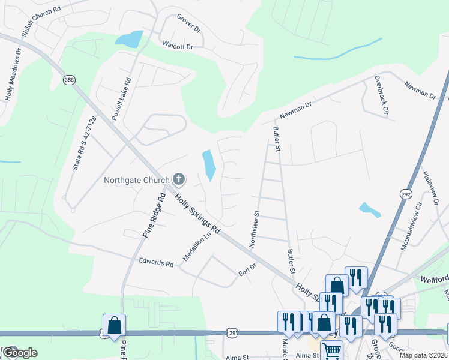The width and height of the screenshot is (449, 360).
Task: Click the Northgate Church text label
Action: click(x=136, y=179)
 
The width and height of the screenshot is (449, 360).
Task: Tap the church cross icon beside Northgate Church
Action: click(x=178, y=179)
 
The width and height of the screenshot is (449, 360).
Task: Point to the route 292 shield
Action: click(x=405, y=194)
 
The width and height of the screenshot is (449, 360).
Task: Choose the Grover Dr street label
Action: click(x=188, y=24)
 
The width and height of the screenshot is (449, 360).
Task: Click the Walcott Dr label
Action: click(x=178, y=46)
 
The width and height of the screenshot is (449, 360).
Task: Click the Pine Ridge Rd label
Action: click(x=153, y=215)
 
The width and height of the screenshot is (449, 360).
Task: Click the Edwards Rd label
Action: click(x=156, y=262)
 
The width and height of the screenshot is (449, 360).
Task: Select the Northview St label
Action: click(x=253, y=229)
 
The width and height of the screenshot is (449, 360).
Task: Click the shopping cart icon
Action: click(x=331, y=351)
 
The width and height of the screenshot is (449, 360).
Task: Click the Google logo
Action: click(x=19, y=353)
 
